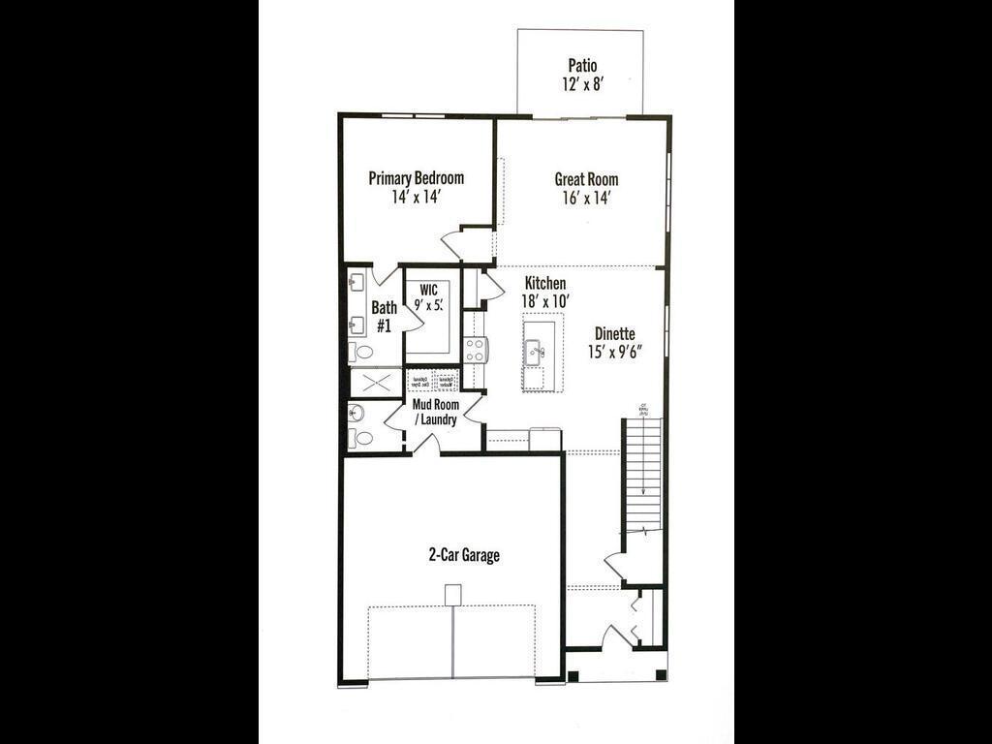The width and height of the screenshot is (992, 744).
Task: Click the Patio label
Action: click(582, 66)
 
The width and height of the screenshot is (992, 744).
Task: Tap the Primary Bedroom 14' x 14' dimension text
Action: click(416, 197)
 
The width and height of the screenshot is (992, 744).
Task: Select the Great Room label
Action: click(586, 179)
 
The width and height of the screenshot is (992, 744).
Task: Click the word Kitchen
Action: click(545, 283)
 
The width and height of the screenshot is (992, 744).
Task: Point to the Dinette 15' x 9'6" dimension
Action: click(613, 352)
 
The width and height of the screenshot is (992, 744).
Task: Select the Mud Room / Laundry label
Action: click(435, 412)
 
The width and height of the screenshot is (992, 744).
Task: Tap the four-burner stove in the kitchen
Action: click(475, 349)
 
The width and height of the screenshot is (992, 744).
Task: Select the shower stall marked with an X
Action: click(375, 382)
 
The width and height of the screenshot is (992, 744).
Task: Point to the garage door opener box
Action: click(451, 594)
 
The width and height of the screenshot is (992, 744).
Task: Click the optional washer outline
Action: click(445, 381)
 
